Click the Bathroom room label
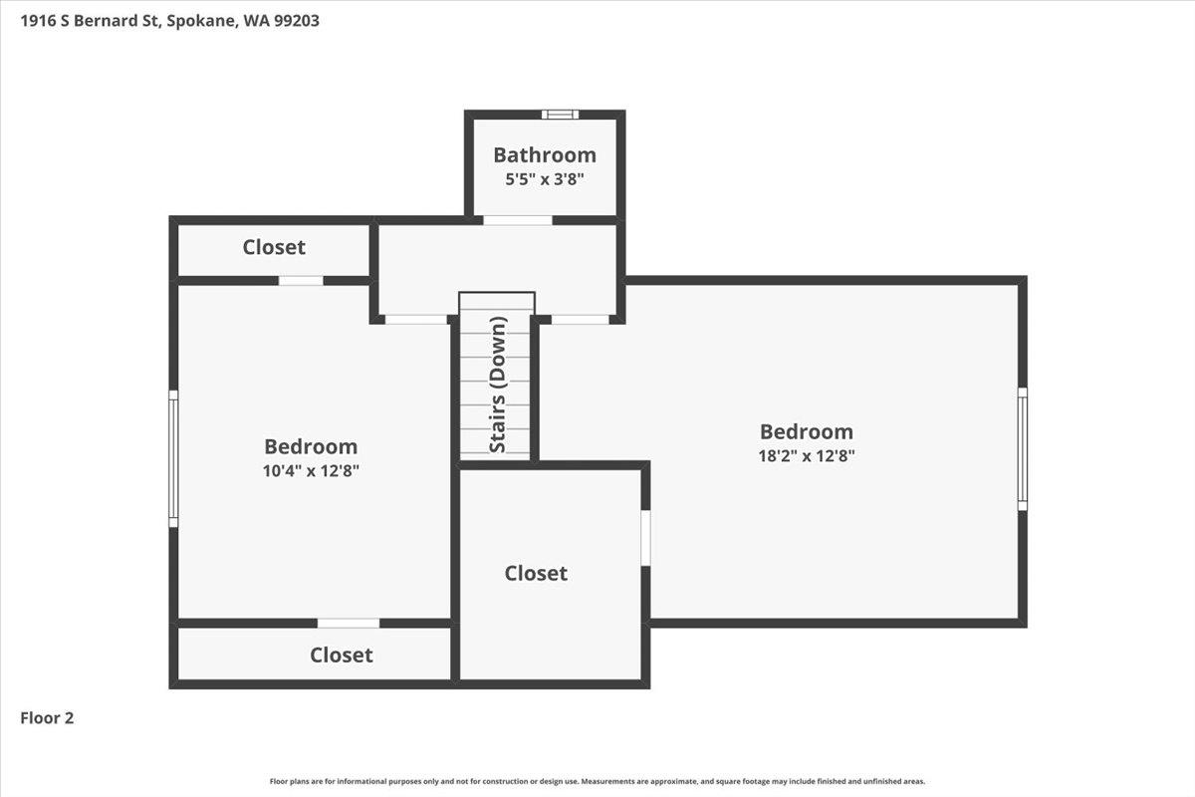click(545, 155)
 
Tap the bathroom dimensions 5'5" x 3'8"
click(545, 179)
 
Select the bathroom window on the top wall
click(560, 115)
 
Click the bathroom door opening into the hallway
click(518, 220)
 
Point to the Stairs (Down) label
click(497, 385)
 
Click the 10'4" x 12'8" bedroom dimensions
click(311, 471)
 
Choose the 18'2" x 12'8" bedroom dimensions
click(807, 456)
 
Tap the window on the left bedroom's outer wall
click(173, 458)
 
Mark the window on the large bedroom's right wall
click(1022, 449)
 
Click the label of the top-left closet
click(274, 247)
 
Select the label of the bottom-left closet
click(342, 655)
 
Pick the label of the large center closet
click(536, 573)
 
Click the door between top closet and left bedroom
click(301, 281)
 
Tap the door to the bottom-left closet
click(349, 624)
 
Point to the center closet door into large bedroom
click(645, 538)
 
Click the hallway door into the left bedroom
click(416, 320)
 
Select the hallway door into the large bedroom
click(580, 320)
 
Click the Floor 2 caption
click(47, 718)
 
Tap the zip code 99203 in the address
click(297, 21)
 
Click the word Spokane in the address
click(201, 21)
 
